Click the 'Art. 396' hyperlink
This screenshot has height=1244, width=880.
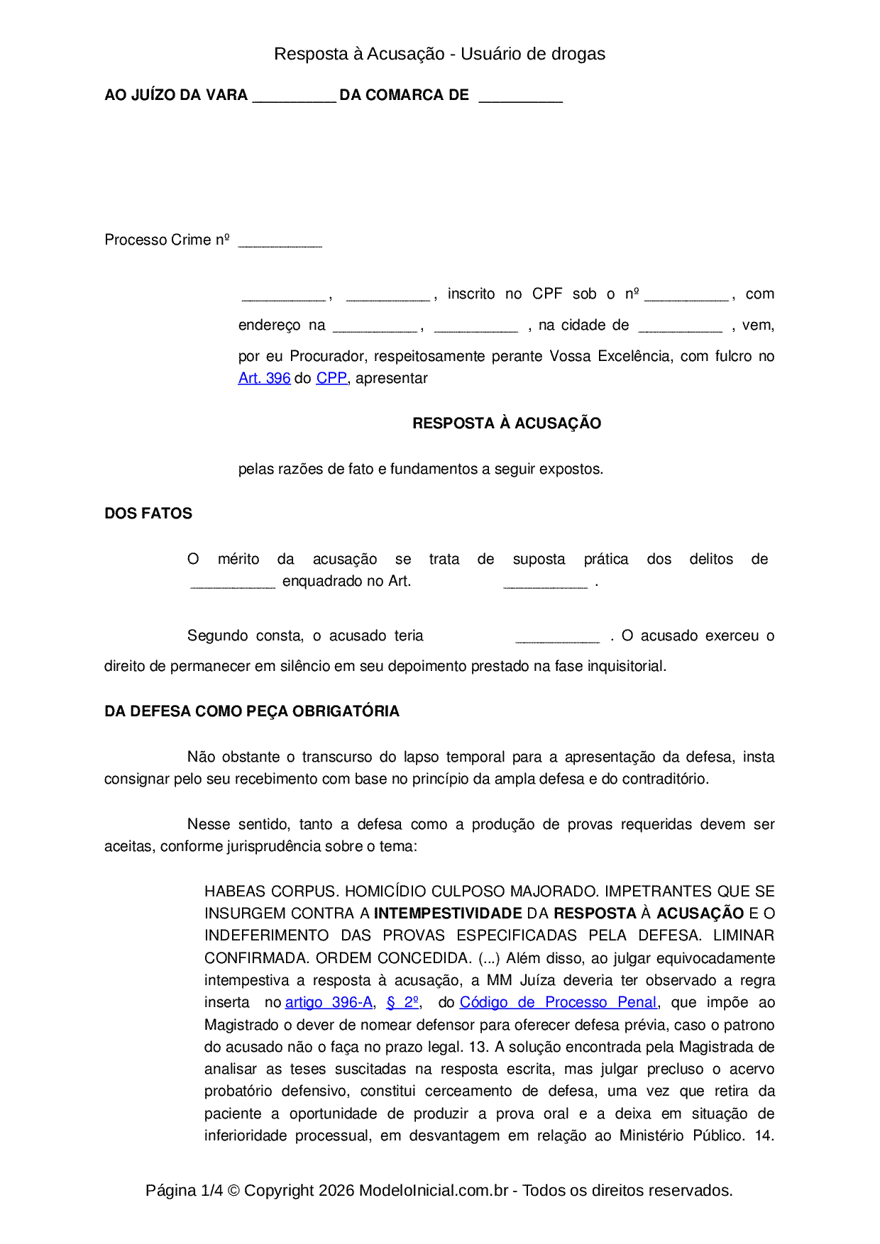(264, 379)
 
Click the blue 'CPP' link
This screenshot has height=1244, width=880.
(331, 379)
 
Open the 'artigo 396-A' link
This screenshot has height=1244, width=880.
(329, 1003)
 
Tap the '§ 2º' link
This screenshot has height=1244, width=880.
(402, 1003)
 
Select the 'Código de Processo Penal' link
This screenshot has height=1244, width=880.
(559, 1003)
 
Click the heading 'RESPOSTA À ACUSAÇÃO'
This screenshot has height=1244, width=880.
(507, 423)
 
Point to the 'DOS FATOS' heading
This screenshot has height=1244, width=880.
(148, 513)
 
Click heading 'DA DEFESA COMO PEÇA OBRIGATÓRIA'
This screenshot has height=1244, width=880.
(252, 711)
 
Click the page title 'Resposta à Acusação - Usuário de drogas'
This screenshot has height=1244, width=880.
(440, 54)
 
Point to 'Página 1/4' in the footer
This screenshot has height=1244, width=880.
(184, 1191)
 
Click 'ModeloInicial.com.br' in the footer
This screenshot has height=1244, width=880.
(434, 1191)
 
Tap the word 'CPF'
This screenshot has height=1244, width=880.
(547, 294)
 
